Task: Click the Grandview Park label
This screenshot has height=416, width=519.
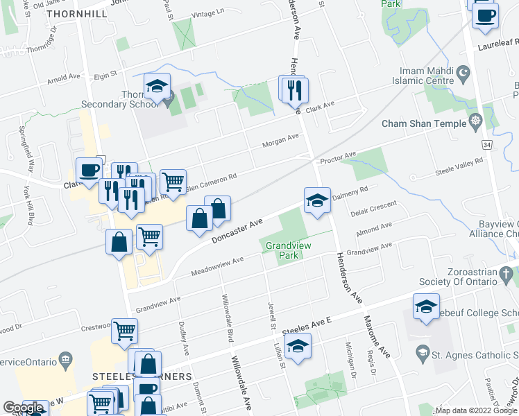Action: (x=282, y=250)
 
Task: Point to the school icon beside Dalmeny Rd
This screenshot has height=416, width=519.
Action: (x=316, y=200)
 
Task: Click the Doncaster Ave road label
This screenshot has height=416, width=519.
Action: (x=237, y=232)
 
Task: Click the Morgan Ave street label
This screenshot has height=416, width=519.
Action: (x=280, y=141)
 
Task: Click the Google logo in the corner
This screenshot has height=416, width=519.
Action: (x=23, y=408)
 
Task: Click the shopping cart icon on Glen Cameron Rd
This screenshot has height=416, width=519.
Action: (x=173, y=182)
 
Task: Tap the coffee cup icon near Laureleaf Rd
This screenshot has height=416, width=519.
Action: (x=485, y=15)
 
